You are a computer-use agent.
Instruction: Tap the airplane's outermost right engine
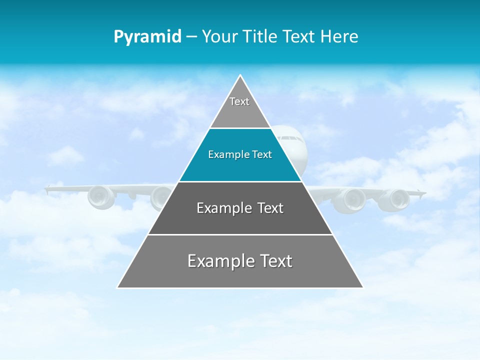pos(394,199)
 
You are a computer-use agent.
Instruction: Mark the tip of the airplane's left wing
pos(46,189)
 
